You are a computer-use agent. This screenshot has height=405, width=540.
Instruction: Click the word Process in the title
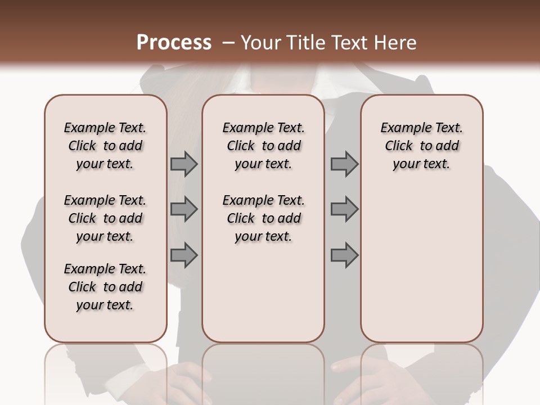coord(174,43)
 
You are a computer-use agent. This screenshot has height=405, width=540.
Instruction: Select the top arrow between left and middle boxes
coord(184,164)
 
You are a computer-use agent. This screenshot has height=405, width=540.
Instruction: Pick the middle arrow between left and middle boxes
coord(184,209)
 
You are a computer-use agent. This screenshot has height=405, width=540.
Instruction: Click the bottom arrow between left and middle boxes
coord(184,255)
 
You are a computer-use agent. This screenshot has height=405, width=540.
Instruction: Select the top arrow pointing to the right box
coord(344,164)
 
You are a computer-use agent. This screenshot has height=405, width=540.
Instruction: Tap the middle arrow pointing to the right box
coord(344,209)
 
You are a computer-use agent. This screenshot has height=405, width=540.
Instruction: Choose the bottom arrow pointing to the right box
coord(344,255)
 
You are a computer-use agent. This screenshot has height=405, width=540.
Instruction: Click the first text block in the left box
coord(105,146)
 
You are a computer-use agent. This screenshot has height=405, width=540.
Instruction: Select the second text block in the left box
coord(105,218)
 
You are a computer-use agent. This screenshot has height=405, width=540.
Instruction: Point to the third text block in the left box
coord(105,287)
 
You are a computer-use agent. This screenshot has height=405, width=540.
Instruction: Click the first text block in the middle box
coord(264,146)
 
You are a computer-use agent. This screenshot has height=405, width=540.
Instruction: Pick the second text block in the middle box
coord(264,218)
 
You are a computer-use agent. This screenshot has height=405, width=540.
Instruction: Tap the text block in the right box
coord(422,146)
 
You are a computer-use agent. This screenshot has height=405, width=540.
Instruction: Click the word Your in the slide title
coord(260,43)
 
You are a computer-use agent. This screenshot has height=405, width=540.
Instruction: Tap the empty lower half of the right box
coord(422,270)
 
